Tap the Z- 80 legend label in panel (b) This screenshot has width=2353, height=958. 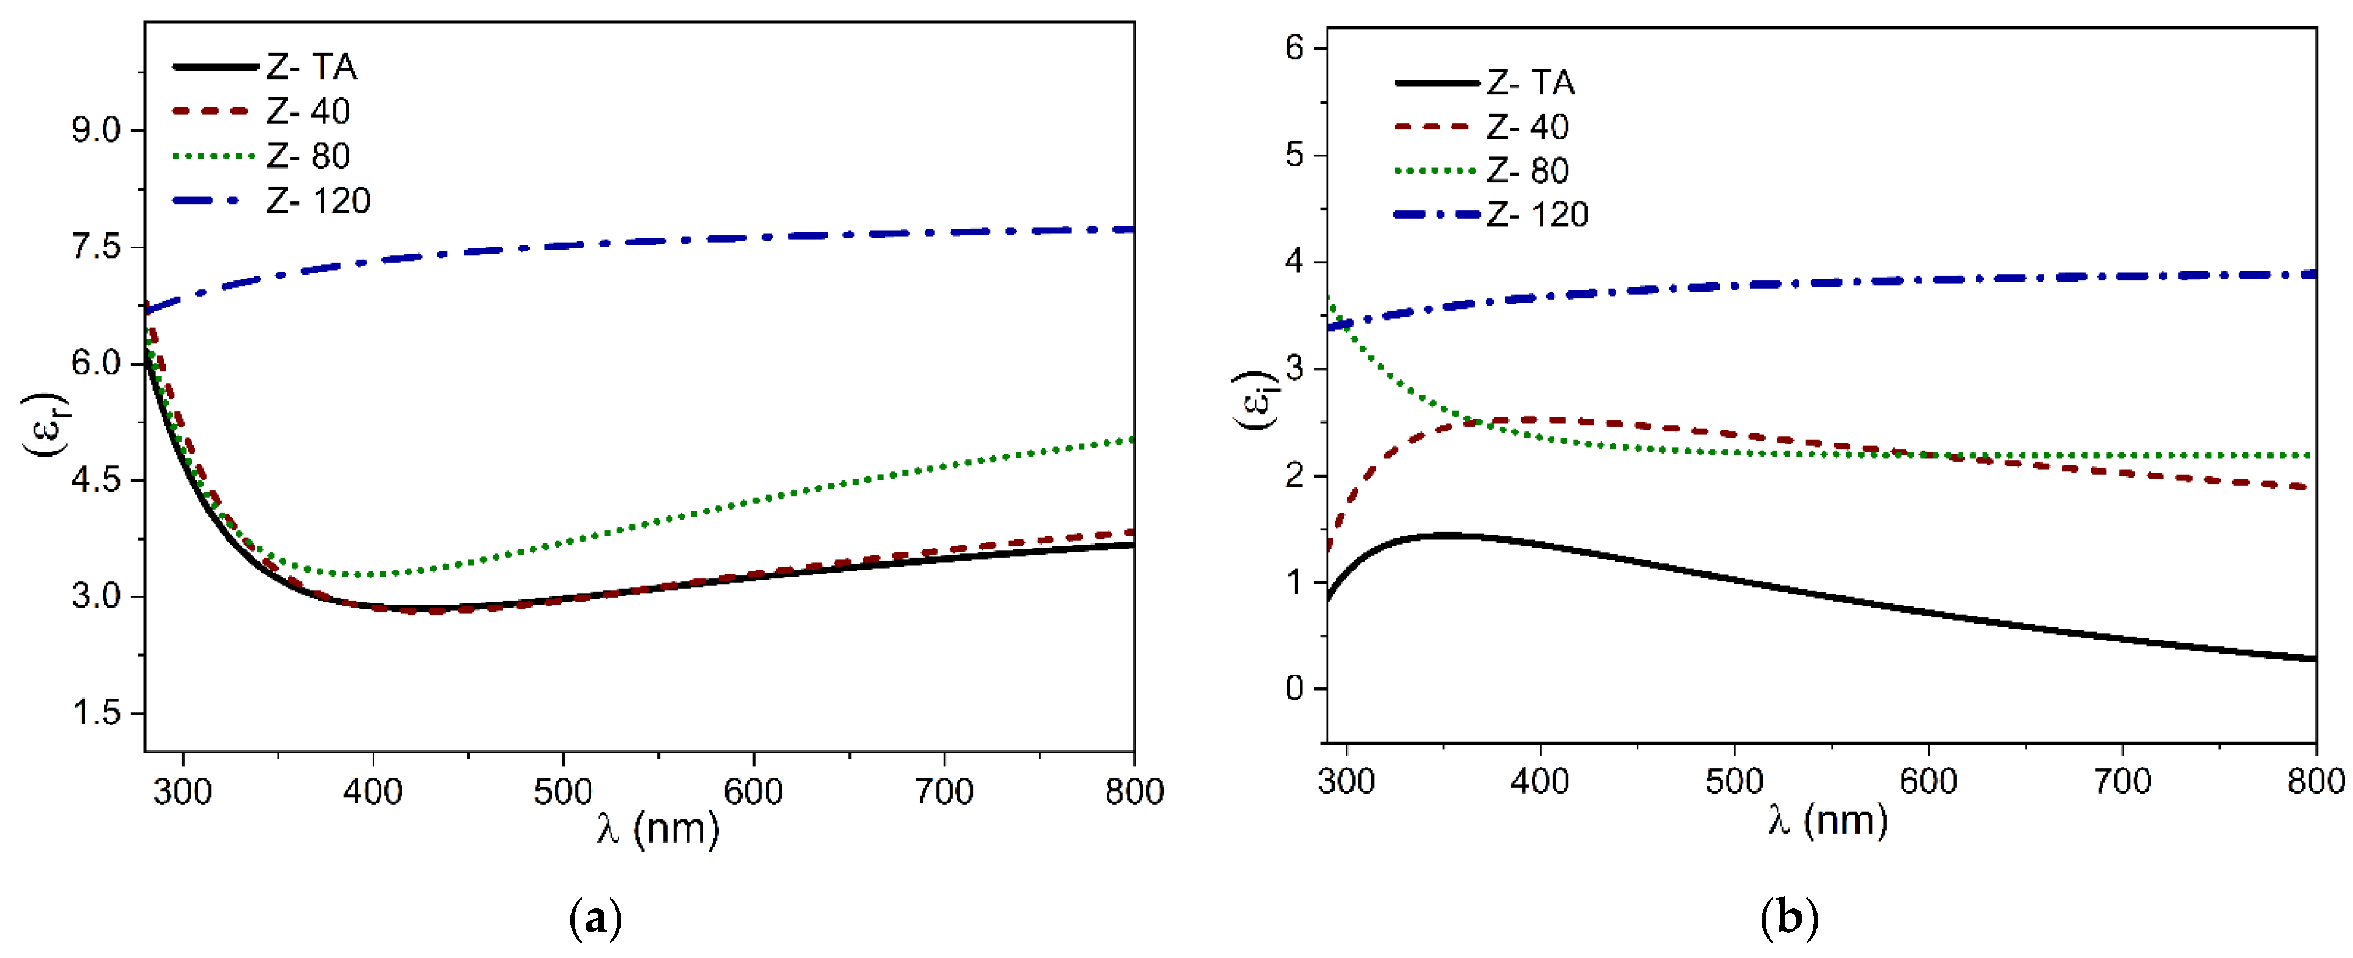point(1527,171)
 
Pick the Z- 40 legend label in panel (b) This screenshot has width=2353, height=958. point(1527,127)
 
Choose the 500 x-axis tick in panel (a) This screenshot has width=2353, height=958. point(563,791)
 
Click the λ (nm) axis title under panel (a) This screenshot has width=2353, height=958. point(658,829)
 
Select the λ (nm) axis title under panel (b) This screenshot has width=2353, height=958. point(1827,820)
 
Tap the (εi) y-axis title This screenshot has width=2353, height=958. point(1258,400)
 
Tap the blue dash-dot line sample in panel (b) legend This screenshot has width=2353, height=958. point(1436,215)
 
